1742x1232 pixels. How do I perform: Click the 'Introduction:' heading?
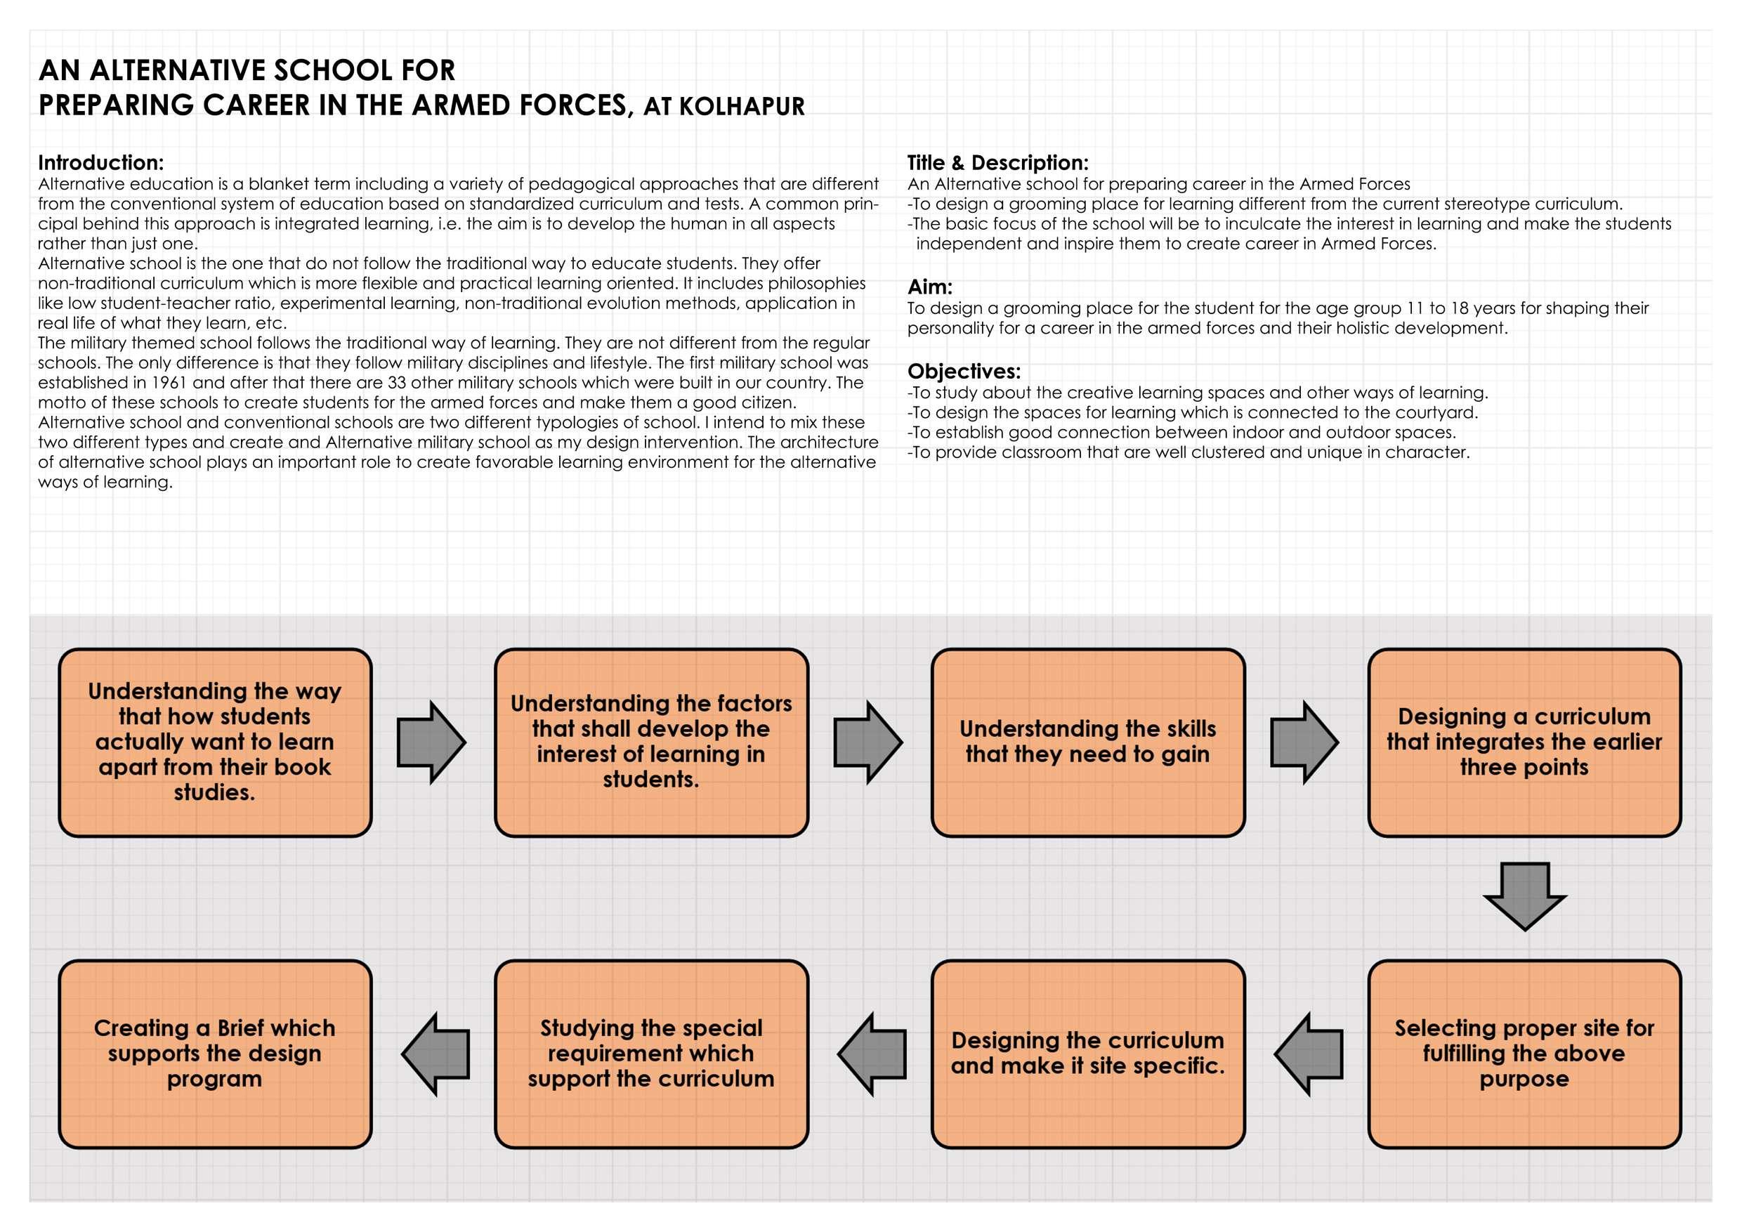(101, 162)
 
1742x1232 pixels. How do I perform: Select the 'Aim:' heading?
(929, 287)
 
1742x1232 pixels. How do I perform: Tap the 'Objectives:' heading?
(964, 371)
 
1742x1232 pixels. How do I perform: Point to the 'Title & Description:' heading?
(997, 162)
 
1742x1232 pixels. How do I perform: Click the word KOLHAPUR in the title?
(741, 107)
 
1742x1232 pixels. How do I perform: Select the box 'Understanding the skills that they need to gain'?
(1088, 742)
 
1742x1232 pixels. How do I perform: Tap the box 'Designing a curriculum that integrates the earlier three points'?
(1524, 742)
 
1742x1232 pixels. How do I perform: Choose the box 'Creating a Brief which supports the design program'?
(215, 1054)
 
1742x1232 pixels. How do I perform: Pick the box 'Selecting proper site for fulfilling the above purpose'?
(1524, 1054)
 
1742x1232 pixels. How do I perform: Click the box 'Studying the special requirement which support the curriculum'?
(651, 1054)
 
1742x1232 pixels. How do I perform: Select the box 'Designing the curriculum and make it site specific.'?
(1088, 1054)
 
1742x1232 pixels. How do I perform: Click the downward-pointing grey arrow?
(1524, 895)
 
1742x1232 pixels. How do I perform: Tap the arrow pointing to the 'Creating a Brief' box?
(435, 1054)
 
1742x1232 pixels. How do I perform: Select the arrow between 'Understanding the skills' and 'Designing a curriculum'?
(1304, 742)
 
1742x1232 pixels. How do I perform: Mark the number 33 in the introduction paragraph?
(397, 382)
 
